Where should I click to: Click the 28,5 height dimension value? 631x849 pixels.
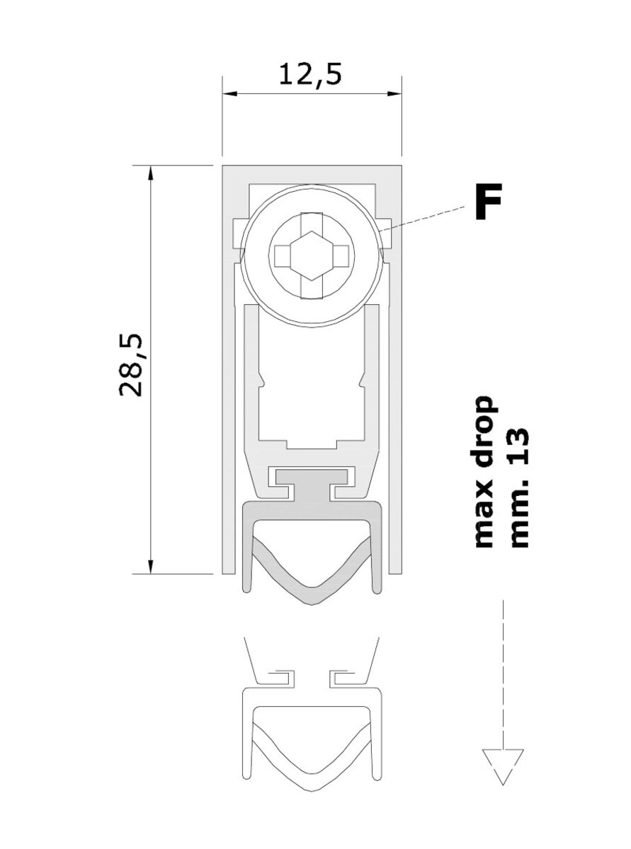(130, 366)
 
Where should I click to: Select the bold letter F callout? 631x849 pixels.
(488, 202)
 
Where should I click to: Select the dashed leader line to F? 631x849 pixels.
(422, 219)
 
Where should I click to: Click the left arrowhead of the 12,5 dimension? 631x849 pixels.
(229, 93)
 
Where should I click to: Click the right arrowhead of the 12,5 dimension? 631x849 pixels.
(394, 93)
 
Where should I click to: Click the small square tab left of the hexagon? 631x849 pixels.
(283, 255)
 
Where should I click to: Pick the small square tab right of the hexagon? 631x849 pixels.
(340, 255)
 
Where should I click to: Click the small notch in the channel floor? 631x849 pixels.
(312, 444)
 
